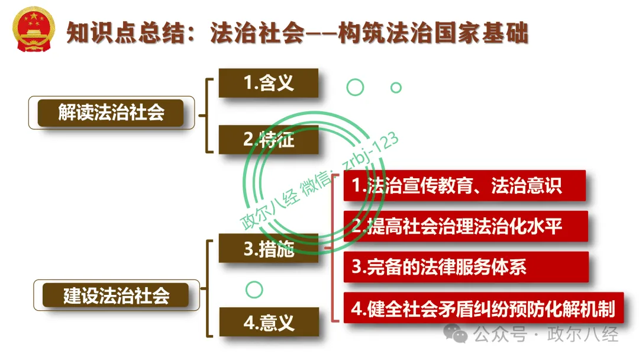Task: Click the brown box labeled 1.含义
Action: point(268,83)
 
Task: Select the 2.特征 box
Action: point(268,139)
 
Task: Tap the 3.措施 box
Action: point(268,248)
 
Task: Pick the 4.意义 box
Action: point(269,322)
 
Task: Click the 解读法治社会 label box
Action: point(111,112)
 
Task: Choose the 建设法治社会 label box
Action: point(116,295)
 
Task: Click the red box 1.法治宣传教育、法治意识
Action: point(464,185)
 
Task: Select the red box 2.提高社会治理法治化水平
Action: point(466,226)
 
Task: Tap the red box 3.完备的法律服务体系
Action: point(466,267)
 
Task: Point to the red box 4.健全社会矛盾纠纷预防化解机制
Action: point(484,308)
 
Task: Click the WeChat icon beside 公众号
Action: point(455,333)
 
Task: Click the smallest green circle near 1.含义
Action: point(396,88)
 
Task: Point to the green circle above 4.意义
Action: point(254,290)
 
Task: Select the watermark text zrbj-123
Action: point(370,151)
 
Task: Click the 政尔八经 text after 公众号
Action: point(582,335)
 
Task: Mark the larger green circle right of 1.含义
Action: point(355,87)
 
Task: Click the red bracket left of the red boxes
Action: point(333,248)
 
